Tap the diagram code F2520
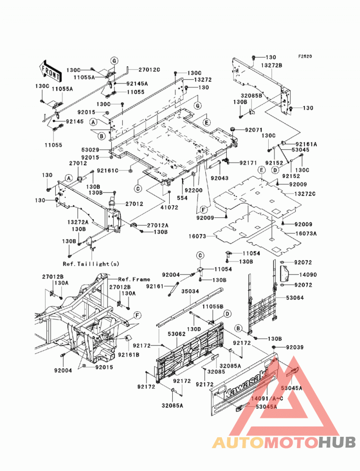tap(305, 56)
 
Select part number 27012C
tap(149, 70)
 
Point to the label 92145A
tap(137, 84)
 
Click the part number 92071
tap(254, 130)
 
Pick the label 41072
tap(169, 207)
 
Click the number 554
tap(182, 198)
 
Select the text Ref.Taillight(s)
tap(91, 264)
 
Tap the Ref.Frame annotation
tap(134, 279)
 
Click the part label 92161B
tap(129, 355)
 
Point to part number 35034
tap(190, 292)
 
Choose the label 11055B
tap(213, 306)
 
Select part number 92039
tap(295, 347)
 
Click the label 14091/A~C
tap(267, 399)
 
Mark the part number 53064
tap(295, 298)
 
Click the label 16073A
tap(306, 233)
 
